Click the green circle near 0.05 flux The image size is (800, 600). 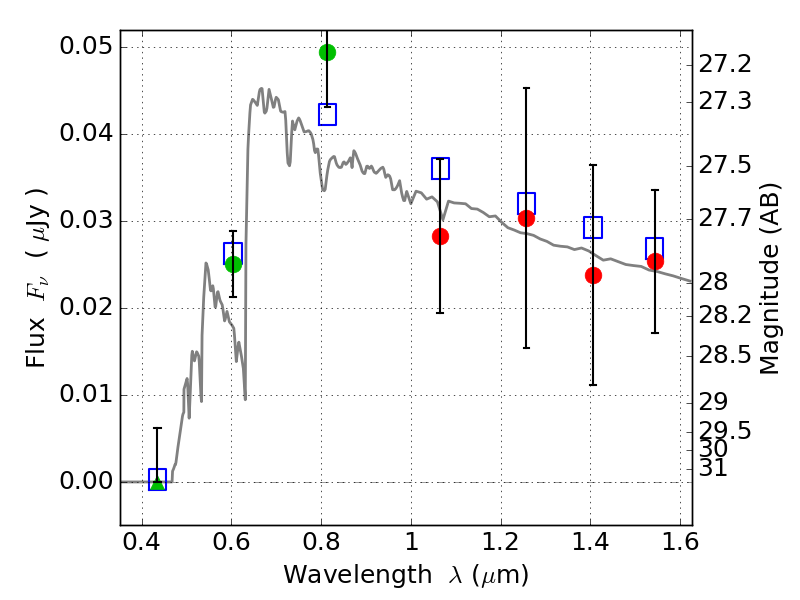pyautogui.click(x=328, y=52)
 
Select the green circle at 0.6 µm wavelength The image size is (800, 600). pyautogui.click(x=233, y=264)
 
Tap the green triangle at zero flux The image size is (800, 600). pyautogui.click(x=158, y=482)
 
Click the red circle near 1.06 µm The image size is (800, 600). pyautogui.click(x=440, y=236)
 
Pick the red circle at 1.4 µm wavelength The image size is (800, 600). pyautogui.click(x=593, y=276)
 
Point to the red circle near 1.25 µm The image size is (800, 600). pyautogui.click(x=526, y=218)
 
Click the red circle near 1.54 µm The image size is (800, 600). pyautogui.click(x=655, y=261)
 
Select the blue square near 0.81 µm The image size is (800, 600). pyautogui.click(x=328, y=114)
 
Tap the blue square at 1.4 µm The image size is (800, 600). pyautogui.click(x=593, y=227)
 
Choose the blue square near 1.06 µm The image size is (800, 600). pyautogui.click(x=440, y=168)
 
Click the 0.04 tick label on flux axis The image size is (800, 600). pyautogui.click(x=86, y=133)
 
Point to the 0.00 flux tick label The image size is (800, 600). pyautogui.click(x=86, y=481)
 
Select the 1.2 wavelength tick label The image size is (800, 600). pyautogui.click(x=501, y=542)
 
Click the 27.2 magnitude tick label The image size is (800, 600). pyautogui.click(x=724, y=64)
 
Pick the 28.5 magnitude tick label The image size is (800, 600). pyautogui.click(x=724, y=355)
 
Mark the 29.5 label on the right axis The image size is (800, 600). pyautogui.click(x=724, y=431)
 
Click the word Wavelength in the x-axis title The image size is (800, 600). pyautogui.click(x=358, y=575)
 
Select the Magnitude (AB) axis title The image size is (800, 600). pyautogui.click(x=769, y=279)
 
